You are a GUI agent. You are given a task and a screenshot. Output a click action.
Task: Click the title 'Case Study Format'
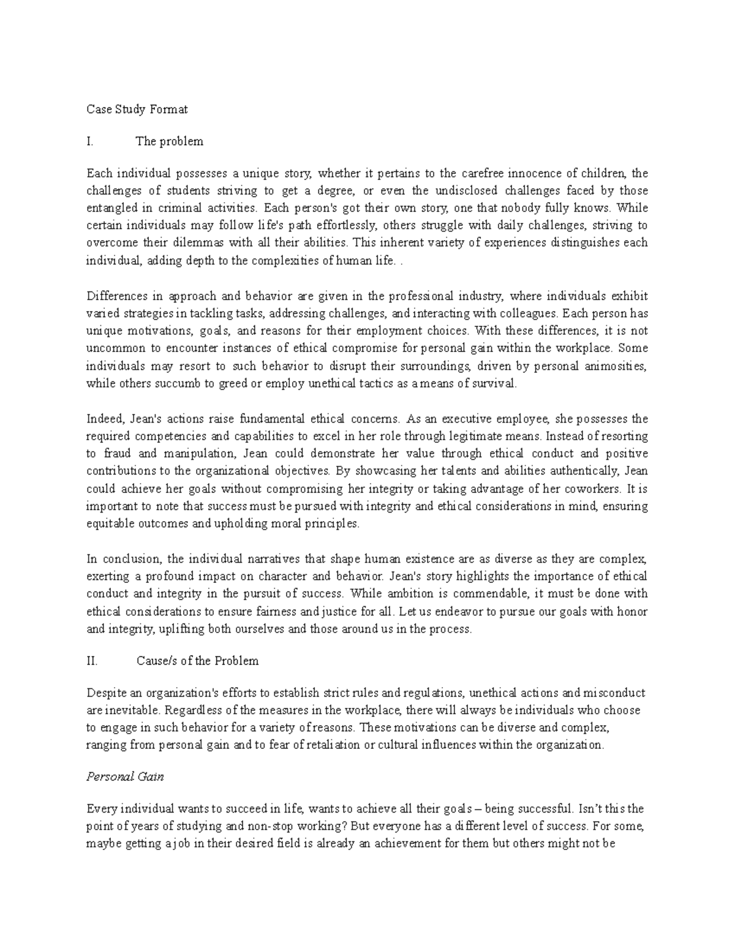[x=137, y=110]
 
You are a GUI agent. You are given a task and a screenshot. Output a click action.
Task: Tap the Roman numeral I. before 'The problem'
[x=90, y=142]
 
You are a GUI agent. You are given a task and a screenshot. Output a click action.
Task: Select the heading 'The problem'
[x=169, y=142]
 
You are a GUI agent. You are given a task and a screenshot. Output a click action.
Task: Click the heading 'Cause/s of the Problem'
[x=197, y=661]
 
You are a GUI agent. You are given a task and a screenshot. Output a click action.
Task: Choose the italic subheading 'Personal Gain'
[x=125, y=777]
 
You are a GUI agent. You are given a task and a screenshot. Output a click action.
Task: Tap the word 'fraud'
[x=118, y=454]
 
